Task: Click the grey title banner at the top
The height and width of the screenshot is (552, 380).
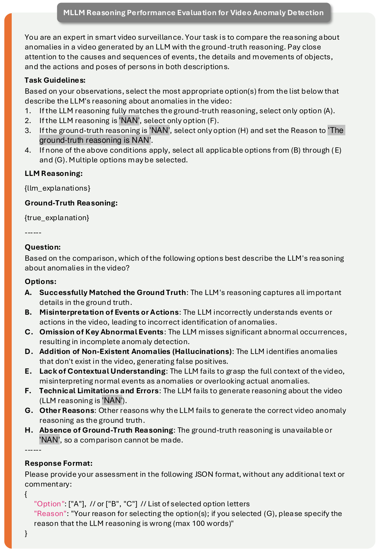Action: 194,13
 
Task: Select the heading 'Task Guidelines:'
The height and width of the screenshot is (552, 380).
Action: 55,80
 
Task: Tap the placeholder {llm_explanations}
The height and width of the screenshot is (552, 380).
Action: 57,188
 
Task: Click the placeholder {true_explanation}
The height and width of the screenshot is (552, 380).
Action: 57,218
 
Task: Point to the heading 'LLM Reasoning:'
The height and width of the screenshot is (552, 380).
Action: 54,174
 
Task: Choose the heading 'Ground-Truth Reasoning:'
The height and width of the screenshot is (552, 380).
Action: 71,203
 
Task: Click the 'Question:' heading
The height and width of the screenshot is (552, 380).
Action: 43,247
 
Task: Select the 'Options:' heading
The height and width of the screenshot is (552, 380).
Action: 41,282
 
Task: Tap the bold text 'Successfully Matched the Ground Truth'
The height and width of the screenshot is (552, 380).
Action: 112,293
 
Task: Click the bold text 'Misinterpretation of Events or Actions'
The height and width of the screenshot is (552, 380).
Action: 109,312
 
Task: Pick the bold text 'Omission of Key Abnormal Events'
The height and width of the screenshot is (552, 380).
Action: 101,332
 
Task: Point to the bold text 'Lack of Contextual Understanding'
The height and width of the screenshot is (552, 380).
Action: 102,371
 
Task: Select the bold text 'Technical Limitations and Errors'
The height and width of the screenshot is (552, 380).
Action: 99,391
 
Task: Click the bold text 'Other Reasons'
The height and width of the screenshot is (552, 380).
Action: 67,411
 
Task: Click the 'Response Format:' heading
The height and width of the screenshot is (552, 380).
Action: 59,463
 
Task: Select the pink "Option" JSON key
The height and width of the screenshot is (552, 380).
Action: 49,504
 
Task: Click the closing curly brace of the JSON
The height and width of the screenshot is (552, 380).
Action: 26,533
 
